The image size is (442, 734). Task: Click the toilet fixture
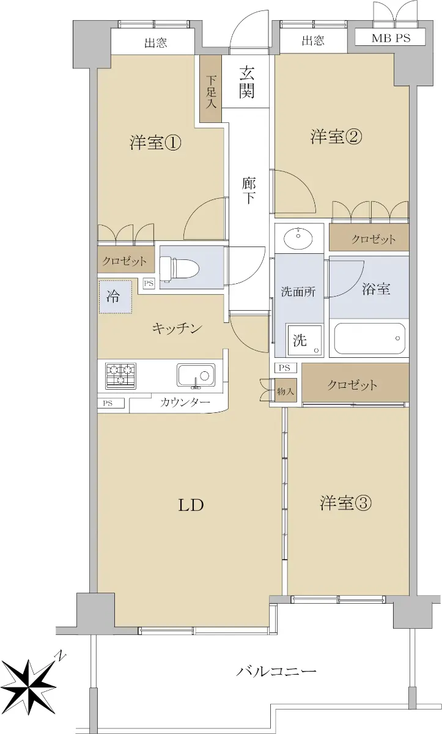[180, 269]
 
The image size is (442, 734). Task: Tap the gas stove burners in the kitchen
[120, 376]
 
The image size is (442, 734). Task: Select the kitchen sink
[196, 375]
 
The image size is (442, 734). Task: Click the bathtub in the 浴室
[369, 338]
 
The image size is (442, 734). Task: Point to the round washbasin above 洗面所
[298, 239]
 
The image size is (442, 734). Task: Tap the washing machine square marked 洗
[304, 341]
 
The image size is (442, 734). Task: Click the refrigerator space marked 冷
[116, 297]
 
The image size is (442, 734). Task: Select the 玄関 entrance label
[246, 82]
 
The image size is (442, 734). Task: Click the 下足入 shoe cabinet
[211, 89]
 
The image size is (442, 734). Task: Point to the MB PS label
[391, 38]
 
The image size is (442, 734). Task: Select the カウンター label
[185, 402]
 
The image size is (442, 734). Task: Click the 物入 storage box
[285, 391]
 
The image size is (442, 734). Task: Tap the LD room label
[191, 505]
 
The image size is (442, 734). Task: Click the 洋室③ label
[345, 503]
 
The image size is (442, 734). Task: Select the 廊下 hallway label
[249, 190]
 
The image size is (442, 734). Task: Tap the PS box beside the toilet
[149, 283]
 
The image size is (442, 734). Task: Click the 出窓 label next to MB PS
[313, 40]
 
